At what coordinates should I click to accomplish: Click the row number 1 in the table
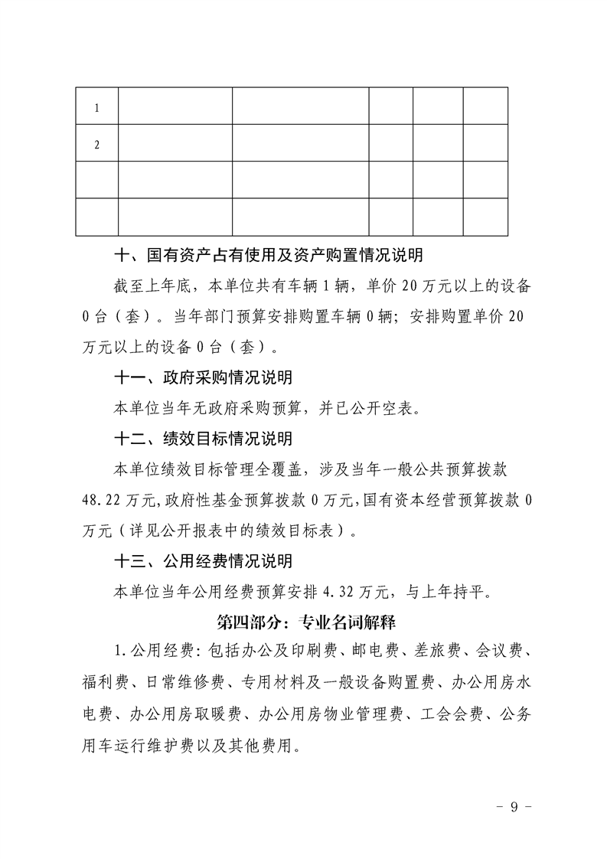pyautogui.click(x=97, y=108)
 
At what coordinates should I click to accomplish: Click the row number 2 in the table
pyautogui.click(x=97, y=145)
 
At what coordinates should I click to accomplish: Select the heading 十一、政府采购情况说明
pyautogui.click(x=203, y=377)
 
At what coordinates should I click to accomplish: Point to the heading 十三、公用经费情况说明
pyautogui.click(x=203, y=561)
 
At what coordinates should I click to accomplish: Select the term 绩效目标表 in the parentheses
pyautogui.click(x=299, y=531)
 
